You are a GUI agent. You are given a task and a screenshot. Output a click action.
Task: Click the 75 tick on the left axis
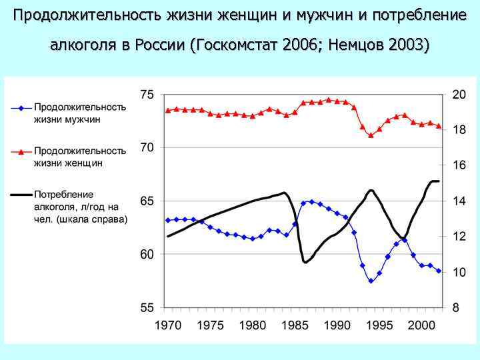(147, 95)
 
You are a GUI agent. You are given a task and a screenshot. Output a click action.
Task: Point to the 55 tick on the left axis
(147, 308)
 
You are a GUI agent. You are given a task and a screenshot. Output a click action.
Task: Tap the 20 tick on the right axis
(459, 95)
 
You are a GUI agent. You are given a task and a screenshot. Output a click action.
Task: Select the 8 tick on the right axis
(456, 308)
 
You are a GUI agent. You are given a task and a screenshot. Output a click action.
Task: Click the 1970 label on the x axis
(168, 326)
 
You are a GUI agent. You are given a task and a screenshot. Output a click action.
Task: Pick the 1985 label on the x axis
(294, 326)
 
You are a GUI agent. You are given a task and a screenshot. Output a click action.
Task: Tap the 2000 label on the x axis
(422, 326)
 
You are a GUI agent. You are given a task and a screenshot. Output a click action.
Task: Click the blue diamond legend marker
(21, 107)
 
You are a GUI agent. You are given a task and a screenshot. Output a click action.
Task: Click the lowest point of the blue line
(371, 281)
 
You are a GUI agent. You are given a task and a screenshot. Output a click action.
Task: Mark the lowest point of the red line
(371, 135)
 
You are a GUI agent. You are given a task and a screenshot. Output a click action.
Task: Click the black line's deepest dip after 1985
(305, 263)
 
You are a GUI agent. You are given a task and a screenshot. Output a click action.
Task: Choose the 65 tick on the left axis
(147, 201)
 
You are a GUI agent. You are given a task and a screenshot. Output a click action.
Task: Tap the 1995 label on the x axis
(379, 326)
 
